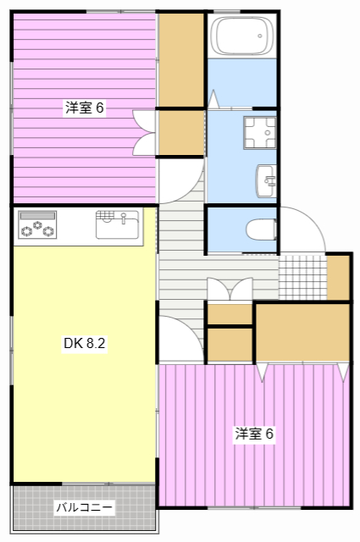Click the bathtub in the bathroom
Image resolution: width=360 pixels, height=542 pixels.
[243, 36]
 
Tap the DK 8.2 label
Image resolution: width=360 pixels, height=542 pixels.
[84, 344]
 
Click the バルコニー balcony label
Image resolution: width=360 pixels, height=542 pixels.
[84, 508]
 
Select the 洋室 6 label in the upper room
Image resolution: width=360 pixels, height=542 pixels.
[85, 108]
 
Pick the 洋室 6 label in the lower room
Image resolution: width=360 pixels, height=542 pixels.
[254, 434]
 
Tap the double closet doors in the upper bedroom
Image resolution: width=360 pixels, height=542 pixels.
[145, 133]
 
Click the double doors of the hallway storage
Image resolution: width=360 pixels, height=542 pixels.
[229, 290]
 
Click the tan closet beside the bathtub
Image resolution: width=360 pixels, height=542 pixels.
[181, 59]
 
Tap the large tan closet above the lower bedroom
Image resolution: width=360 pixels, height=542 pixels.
[302, 332]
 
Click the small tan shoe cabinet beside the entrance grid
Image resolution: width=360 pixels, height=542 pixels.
[339, 276]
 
